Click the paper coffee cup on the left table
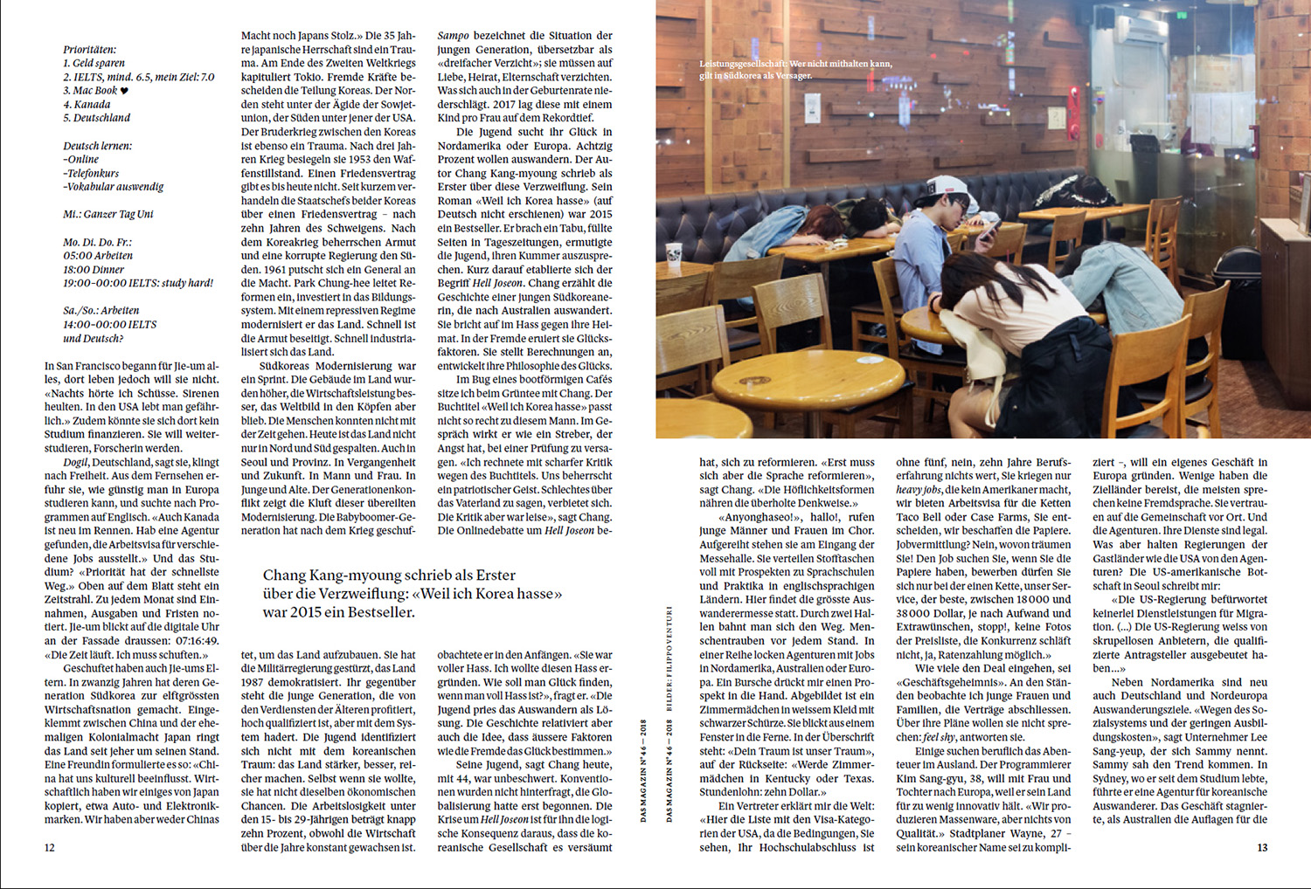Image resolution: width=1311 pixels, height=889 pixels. (674, 253)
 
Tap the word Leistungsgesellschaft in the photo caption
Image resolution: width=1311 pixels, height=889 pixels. (743, 64)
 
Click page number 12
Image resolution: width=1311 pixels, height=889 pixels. (50, 847)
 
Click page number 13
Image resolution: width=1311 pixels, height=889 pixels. (1261, 847)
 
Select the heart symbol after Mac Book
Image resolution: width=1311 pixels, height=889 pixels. (124, 91)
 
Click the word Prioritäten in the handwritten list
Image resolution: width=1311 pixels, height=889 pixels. (89, 50)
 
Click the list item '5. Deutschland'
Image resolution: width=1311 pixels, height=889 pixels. (96, 118)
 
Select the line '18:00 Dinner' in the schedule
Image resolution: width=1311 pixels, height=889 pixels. (94, 270)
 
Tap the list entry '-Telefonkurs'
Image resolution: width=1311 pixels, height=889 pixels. (91, 173)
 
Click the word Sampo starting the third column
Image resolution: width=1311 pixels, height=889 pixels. (453, 36)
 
